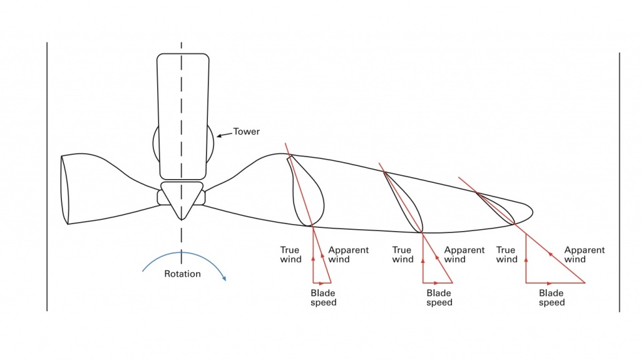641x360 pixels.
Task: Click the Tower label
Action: pos(246,132)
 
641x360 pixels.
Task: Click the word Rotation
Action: pos(182,274)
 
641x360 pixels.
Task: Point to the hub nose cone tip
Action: pos(182,219)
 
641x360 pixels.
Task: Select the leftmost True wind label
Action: pos(290,254)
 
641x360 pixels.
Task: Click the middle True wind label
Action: pos(403,254)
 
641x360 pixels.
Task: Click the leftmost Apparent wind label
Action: pos(348,254)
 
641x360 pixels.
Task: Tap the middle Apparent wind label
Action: pos(464,254)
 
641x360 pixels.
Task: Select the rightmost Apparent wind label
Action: pos(584,254)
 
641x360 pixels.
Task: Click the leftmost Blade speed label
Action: pos(323,297)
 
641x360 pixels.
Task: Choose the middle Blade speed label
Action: pos(439,297)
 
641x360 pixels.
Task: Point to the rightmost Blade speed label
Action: pos(551,297)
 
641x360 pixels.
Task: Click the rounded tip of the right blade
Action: pos(529,210)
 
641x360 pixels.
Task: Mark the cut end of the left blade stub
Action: pos(64,189)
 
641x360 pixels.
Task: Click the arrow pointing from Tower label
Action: pos(224,134)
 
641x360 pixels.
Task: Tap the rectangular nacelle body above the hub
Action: pos(182,116)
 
